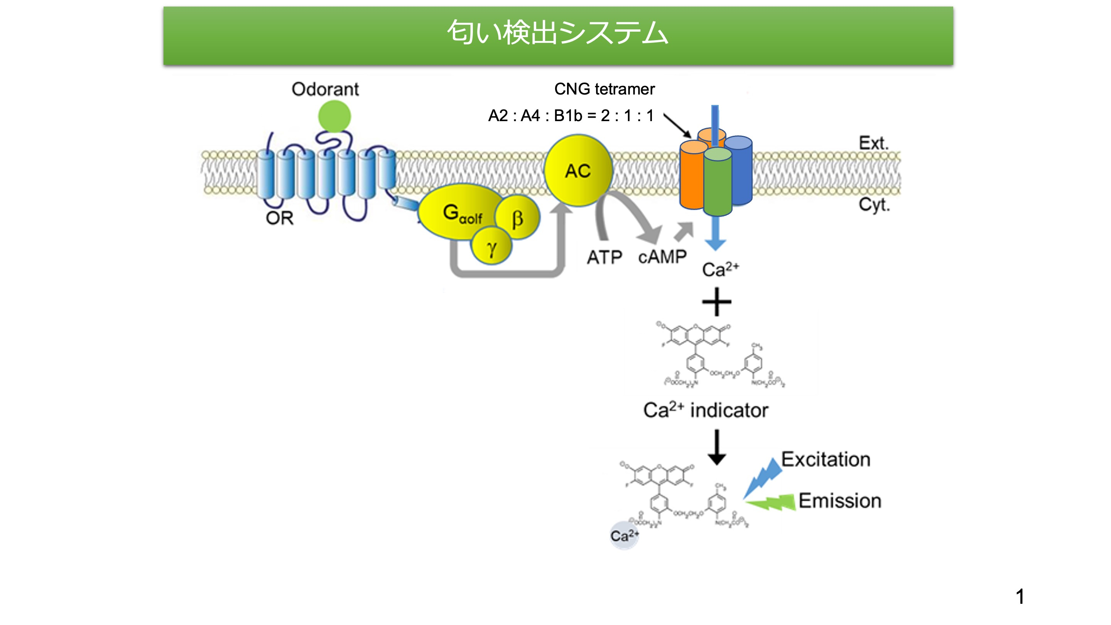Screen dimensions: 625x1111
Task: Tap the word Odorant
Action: [325, 89]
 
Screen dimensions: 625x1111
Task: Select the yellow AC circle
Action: [578, 171]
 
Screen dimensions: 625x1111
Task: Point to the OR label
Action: [279, 218]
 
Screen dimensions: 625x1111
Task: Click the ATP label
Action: [604, 257]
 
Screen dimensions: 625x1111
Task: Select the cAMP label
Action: [662, 257]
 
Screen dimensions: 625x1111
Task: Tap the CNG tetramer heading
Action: [604, 89]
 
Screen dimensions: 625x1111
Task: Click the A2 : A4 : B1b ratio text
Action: [571, 116]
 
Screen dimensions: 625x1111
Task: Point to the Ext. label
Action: [873, 143]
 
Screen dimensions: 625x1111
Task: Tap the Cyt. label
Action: [874, 205]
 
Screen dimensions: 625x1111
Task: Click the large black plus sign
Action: [716, 302]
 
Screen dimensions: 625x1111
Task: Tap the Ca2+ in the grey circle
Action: [624, 536]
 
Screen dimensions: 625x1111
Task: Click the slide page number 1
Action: [1020, 596]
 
